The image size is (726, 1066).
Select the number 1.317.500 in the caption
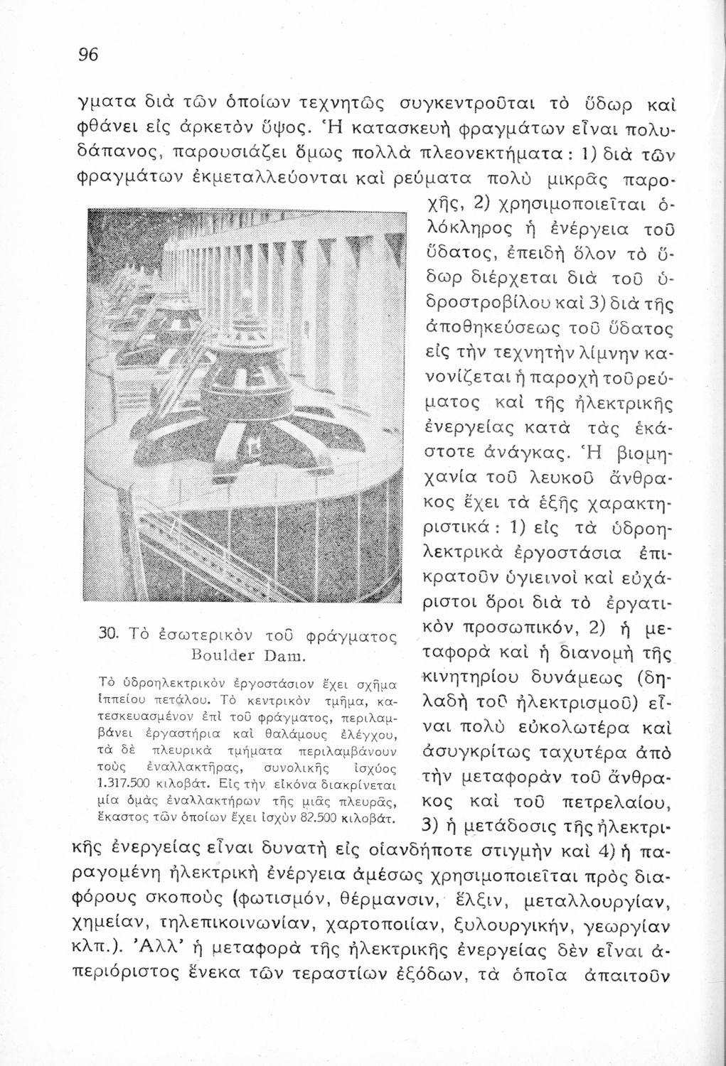point(127,785)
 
